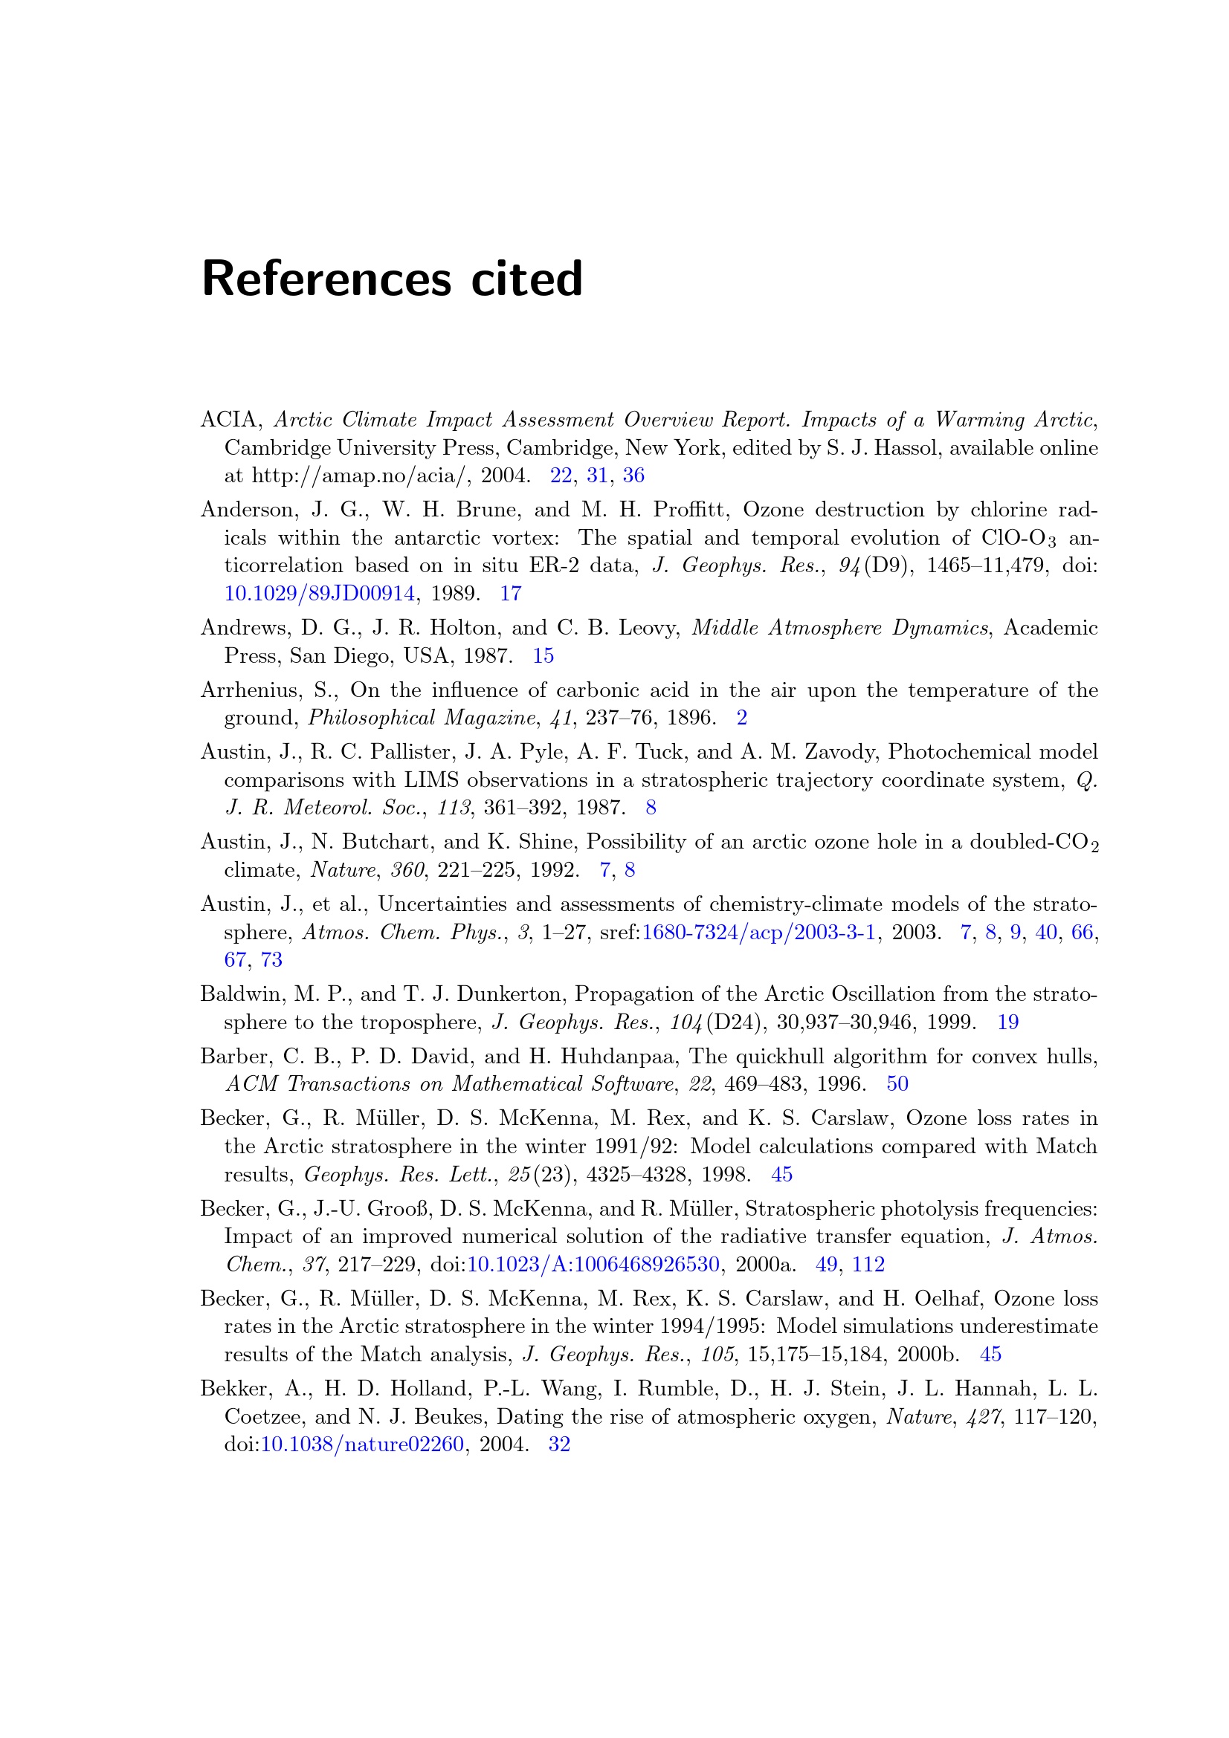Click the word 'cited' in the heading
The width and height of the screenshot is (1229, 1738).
coord(527,279)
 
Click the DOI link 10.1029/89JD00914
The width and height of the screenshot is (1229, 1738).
coord(319,594)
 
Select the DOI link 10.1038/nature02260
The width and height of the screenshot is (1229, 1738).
coord(362,1444)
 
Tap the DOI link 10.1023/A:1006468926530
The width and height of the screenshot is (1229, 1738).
coord(593,1264)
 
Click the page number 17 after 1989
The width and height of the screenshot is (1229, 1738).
coord(510,594)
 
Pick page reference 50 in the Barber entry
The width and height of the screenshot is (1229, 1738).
coord(897,1084)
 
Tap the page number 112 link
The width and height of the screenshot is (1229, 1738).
coord(868,1264)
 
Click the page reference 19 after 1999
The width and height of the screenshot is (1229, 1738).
coord(1007,1022)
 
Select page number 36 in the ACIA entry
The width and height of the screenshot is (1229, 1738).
coord(633,476)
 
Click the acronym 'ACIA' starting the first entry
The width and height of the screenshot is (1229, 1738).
coord(229,419)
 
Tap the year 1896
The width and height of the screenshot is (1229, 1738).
coord(691,718)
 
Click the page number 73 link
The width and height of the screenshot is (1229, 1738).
coord(271,960)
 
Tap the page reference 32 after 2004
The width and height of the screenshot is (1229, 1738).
coord(559,1444)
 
